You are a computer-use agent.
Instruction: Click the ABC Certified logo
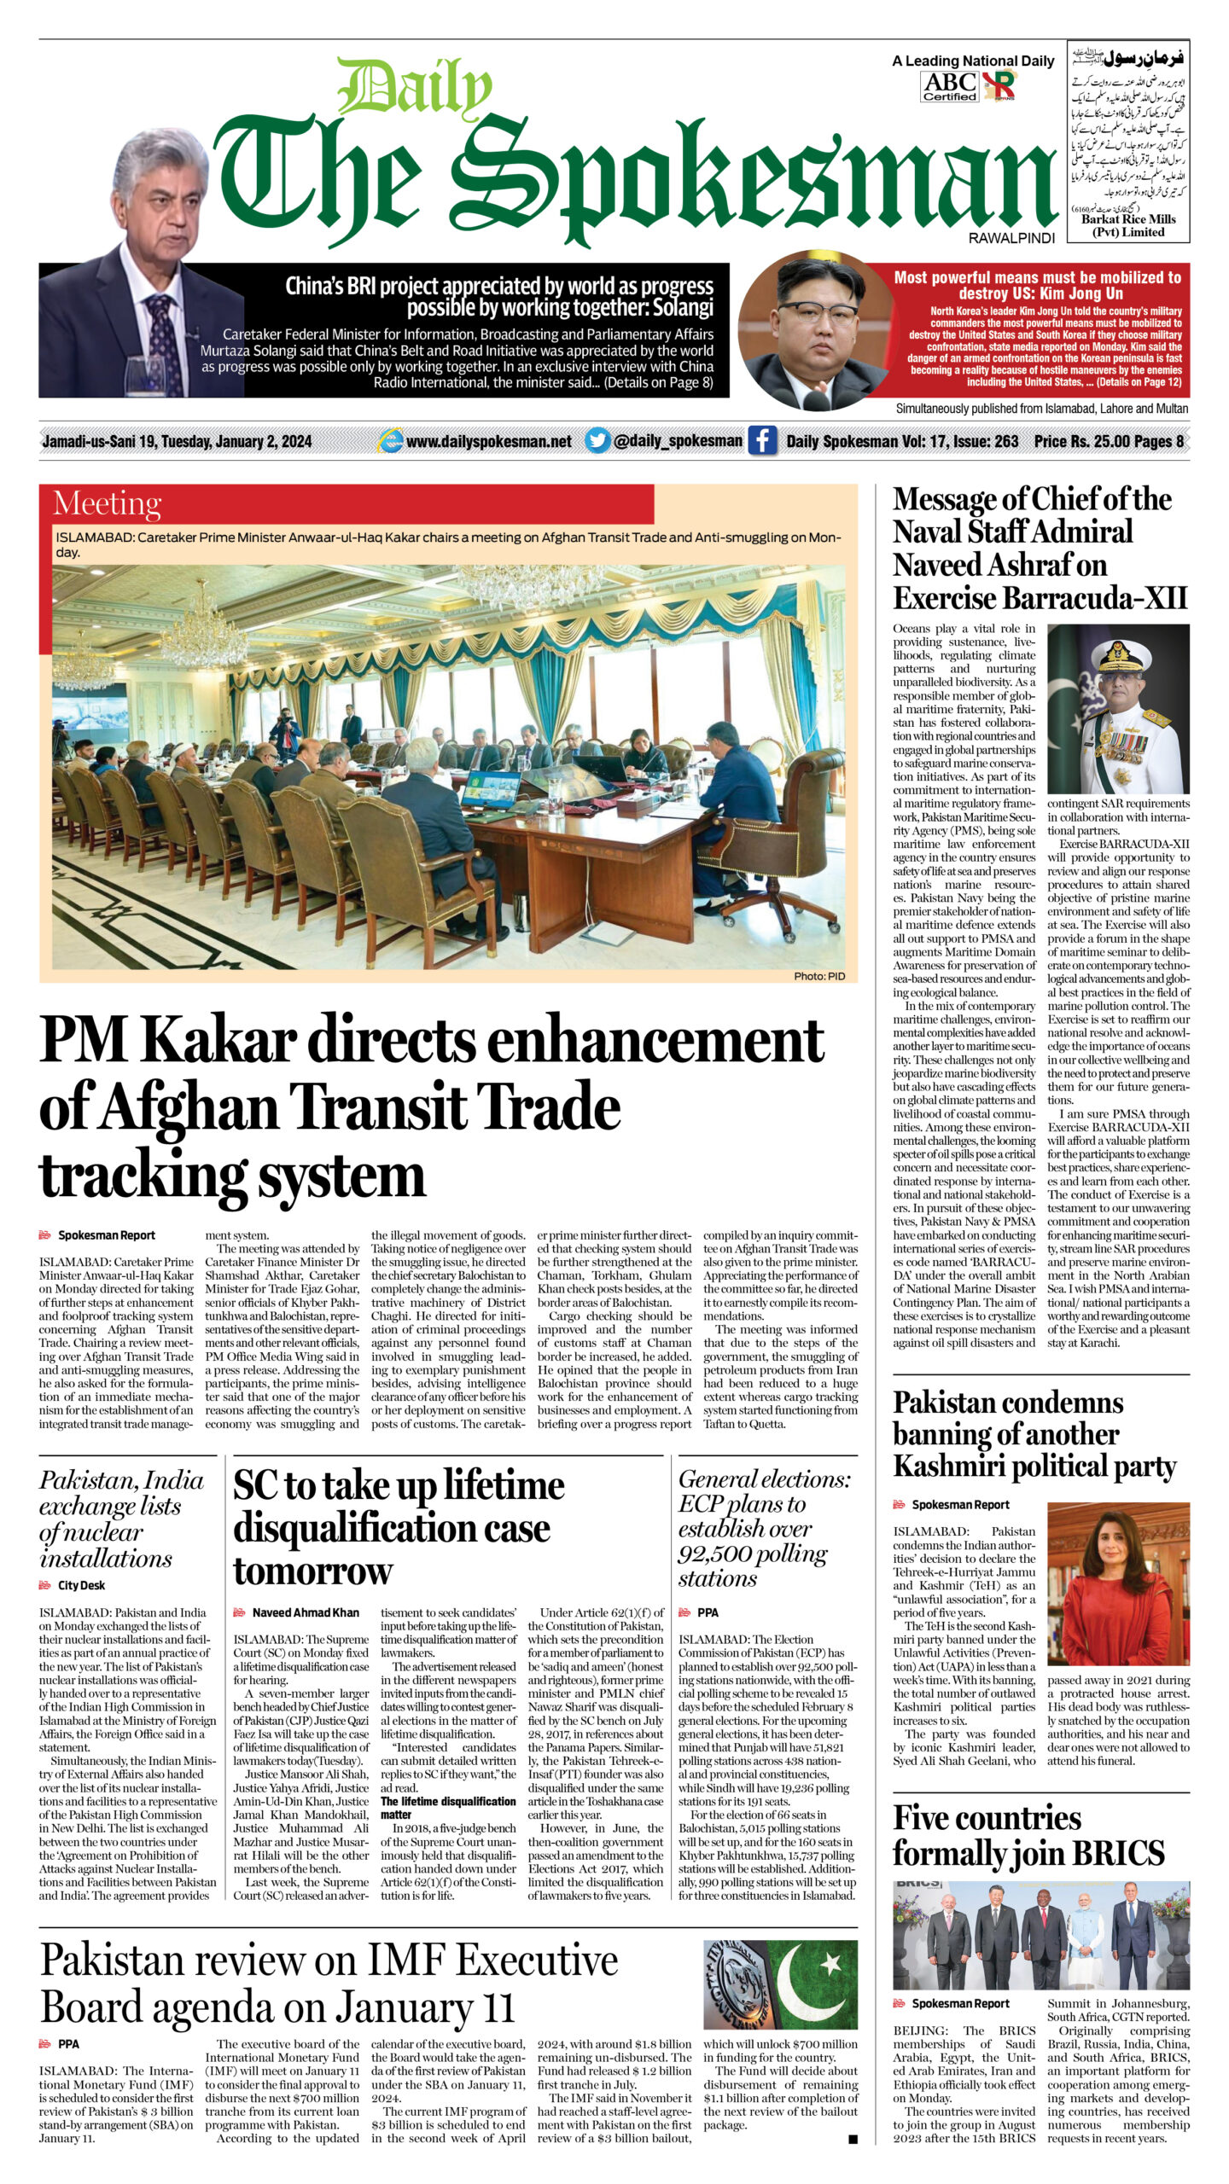coord(949,86)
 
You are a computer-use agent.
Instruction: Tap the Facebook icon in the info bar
coord(762,441)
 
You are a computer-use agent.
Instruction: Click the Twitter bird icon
coord(597,441)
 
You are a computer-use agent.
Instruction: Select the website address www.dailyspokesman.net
coord(488,441)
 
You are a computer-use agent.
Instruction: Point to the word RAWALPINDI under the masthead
coord(1011,239)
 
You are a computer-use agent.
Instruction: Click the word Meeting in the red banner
coord(107,504)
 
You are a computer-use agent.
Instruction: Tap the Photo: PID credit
coord(818,976)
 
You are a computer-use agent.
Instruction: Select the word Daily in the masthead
coord(414,88)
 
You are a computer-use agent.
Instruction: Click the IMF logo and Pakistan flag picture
coord(780,1984)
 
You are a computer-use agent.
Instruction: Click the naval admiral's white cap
coord(1118,653)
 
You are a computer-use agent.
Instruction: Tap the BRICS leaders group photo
coord(1040,1935)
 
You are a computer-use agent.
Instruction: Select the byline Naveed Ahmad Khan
coord(305,1612)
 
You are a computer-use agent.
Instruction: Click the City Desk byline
coord(81,1585)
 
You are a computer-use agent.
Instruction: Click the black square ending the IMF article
coord(853,2139)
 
